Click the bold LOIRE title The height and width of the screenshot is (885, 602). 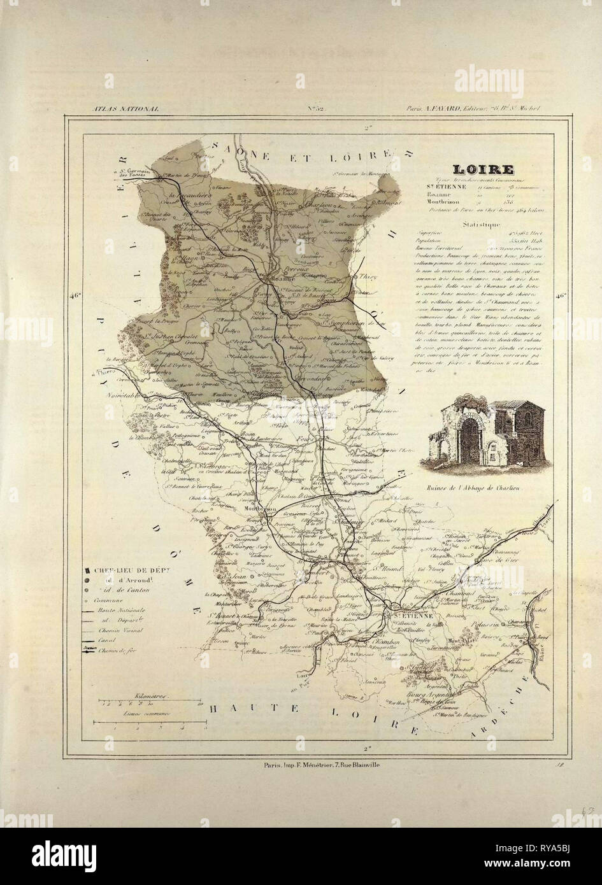(x=476, y=171)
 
